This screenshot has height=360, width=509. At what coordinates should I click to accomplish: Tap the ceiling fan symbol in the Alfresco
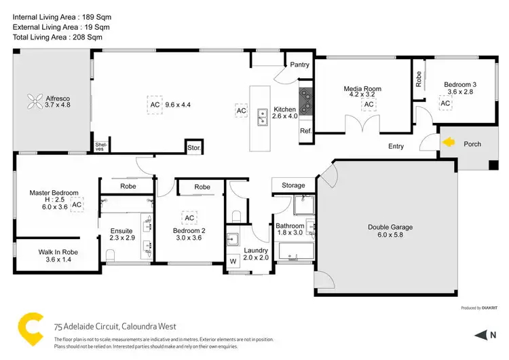[36, 103]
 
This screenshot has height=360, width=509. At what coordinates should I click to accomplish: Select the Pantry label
[299, 65]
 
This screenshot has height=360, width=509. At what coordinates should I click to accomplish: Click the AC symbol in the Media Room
[369, 105]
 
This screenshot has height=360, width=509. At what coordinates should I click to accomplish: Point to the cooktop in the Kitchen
[306, 101]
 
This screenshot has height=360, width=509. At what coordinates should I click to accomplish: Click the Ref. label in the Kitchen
[305, 130]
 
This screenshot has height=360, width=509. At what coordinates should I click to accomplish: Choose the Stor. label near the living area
[193, 147]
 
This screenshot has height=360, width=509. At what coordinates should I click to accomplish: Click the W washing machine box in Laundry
[233, 260]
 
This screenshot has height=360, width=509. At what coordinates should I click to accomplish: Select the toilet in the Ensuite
[111, 255]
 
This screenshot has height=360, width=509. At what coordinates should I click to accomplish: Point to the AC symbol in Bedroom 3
[446, 103]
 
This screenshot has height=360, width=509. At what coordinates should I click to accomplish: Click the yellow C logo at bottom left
[29, 327]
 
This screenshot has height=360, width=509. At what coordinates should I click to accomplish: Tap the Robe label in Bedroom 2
[202, 187]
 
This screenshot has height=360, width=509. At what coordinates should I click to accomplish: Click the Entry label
[396, 146]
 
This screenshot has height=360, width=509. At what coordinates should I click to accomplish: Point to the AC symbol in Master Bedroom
[77, 204]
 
